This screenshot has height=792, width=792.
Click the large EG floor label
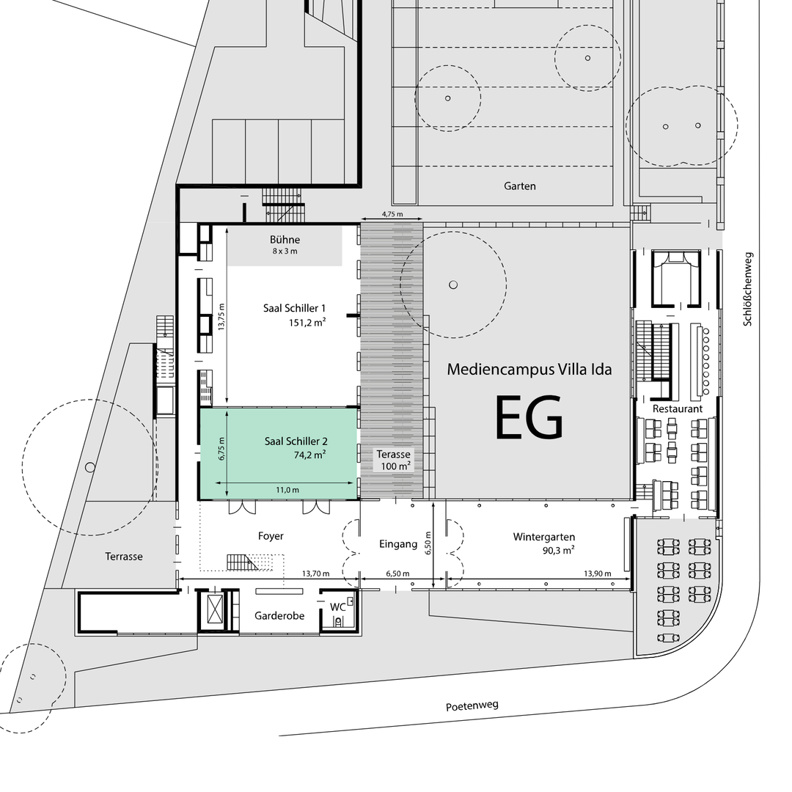pyautogui.click(x=529, y=417)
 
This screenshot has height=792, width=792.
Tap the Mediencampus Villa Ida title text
pyautogui.click(x=529, y=369)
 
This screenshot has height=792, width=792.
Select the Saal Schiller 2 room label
pyautogui.click(x=296, y=441)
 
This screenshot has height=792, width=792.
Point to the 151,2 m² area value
pyautogui.click(x=307, y=322)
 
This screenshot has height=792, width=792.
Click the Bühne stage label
pyautogui.click(x=285, y=239)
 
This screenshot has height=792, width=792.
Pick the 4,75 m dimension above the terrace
pyautogui.click(x=392, y=213)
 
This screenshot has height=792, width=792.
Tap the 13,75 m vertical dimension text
pyautogui.click(x=221, y=317)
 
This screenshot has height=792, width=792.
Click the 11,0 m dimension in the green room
pyautogui.click(x=287, y=489)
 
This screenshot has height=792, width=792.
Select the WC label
pyautogui.click(x=337, y=606)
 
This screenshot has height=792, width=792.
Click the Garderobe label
pyautogui.click(x=279, y=616)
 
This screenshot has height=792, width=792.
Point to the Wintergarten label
pyautogui.click(x=544, y=537)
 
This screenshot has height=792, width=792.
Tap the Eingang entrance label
pyautogui.click(x=398, y=544)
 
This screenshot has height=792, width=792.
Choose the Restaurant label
pyautogui.click(x=678, y=408)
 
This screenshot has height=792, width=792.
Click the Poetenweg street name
pyautogui.click(x=472, y=705)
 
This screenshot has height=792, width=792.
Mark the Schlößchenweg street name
pyautogui.click(x=748, y=289)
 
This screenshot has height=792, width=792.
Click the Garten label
pyautogui.click(x=520, y=186)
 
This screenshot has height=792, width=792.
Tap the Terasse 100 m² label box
pyautogui.click(x=394, y=460)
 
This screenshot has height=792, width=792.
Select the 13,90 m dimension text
pyautogui.click(x=598, y=573)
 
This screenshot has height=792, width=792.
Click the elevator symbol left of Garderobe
pyautogui.click(x=213, y=609)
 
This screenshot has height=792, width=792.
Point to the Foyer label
pyautogui.click(x=271, y=536)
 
